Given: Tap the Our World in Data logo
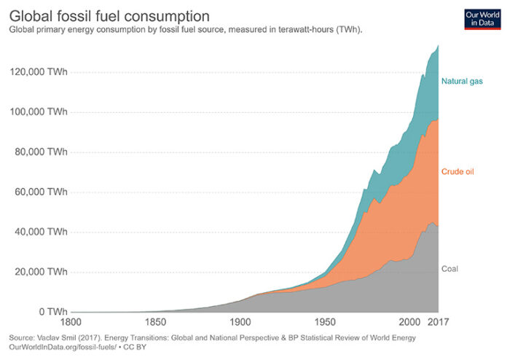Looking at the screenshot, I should tap(481, 19).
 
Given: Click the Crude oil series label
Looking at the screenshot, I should tap(458, 172).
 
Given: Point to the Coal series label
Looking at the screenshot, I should tap(450, 269).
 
